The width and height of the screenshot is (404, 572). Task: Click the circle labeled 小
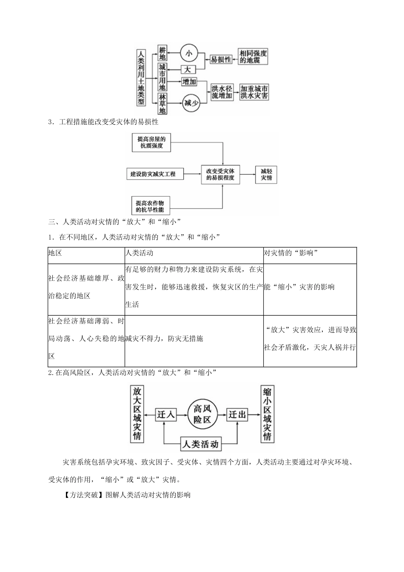(x=189, y=53)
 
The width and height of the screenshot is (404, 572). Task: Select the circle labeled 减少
(x=192, y=102)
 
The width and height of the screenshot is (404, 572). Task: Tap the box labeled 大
(x=188, y=69)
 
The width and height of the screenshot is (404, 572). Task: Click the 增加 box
(x=189, y=82)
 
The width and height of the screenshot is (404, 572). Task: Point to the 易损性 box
(x=221, y=60)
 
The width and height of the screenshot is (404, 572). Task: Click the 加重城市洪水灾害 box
(x=254, y=92)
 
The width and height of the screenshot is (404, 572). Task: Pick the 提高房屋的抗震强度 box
(x=151, y=143)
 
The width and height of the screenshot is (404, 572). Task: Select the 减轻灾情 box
(x=266, y=174)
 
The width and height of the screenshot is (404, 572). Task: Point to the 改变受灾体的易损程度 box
(x=220, y=174)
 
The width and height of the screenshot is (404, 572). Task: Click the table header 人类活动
(x=139, y=253)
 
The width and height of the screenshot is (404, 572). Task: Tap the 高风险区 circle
(x=202, y=414)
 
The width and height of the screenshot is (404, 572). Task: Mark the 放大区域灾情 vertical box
(x=137, y=414)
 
